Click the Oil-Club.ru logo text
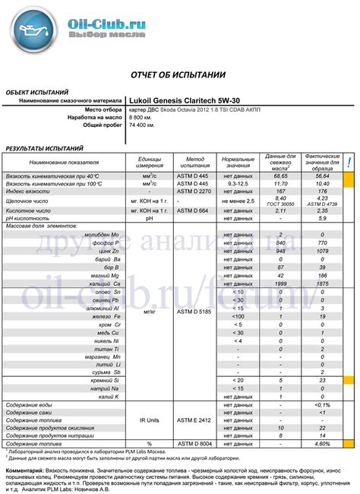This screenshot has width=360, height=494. (114, 24)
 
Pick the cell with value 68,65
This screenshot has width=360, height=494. (280, 176)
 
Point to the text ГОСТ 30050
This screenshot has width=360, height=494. (280, 205)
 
